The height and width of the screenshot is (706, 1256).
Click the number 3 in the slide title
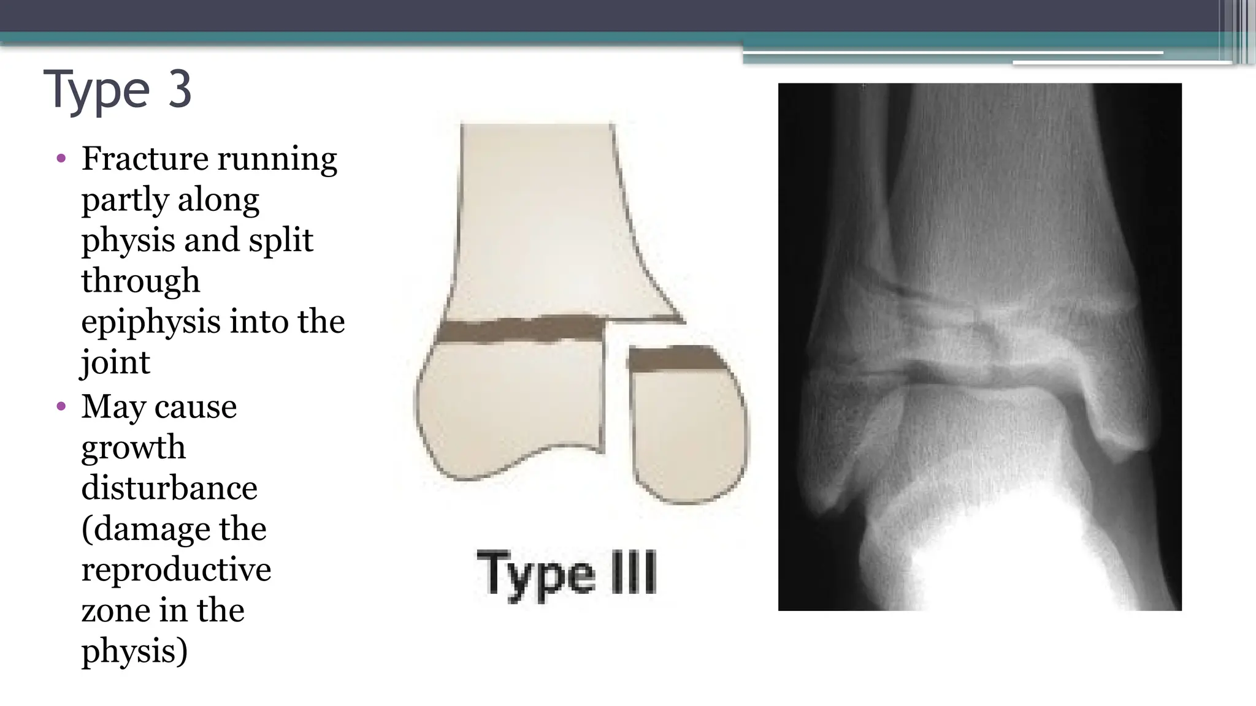pyautogui.click(x=180, y=89)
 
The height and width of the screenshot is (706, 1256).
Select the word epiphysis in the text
pyautogui.click(x=151, y=322)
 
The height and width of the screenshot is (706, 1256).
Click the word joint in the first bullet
pyautogui.click(x=115, y=362)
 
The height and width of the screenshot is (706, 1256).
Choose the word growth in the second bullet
pyautogui.click(x=133, y=447)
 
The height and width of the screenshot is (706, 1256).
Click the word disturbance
pyautogui.click(x=169, y=488)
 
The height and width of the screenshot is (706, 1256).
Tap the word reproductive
pyautogui.click(x=176, y=569)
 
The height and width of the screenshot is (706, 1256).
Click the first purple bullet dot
pyautogui.click(x=61, y=159)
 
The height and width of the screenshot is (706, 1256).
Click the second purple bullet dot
pyautogui.click(x=61, y=406)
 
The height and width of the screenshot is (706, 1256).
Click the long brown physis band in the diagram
pyautogui.click(x=521, y=330)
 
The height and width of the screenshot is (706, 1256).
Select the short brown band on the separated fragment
pyautogui.click(x=675, y=359)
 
